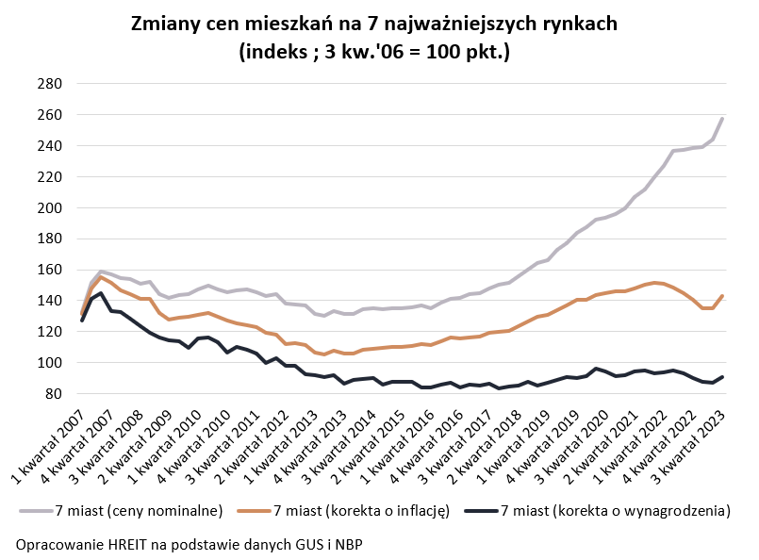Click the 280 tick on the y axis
point(49,84)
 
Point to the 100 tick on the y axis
point(49,363)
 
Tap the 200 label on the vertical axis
point(49,208)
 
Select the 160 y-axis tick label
point(49,270)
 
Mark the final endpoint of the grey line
point(722,118)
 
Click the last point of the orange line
point(722,296)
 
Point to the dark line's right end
point(722,377)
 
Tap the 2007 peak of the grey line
point(101,272)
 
